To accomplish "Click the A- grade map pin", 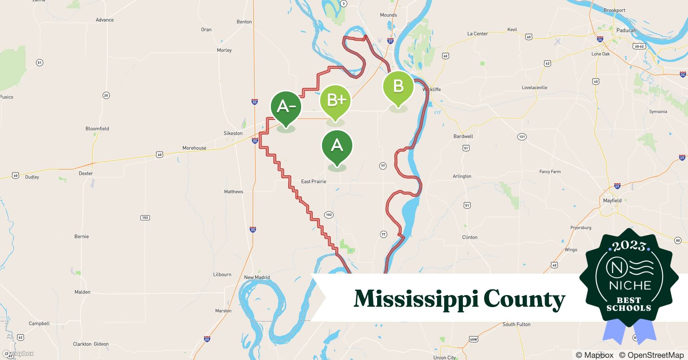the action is [286, 107].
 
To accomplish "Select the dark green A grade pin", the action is [337, 146].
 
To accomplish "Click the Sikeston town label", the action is [233, 133].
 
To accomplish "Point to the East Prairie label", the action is [313, 181].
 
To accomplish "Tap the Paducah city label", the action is [626, 30].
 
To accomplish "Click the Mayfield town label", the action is [612, 201].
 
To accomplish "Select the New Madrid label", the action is [257, 277].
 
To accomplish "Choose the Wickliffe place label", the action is [432, 89].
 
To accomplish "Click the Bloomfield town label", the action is [97, 129].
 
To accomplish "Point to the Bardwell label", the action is [463, 136].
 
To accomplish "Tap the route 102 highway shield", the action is [329, 215].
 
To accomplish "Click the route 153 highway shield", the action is [145, 217].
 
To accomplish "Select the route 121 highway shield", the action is [522, 136].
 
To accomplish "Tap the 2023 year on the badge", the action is [629, 246].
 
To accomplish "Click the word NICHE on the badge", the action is [630, 285].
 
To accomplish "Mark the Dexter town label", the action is [86, 173].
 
